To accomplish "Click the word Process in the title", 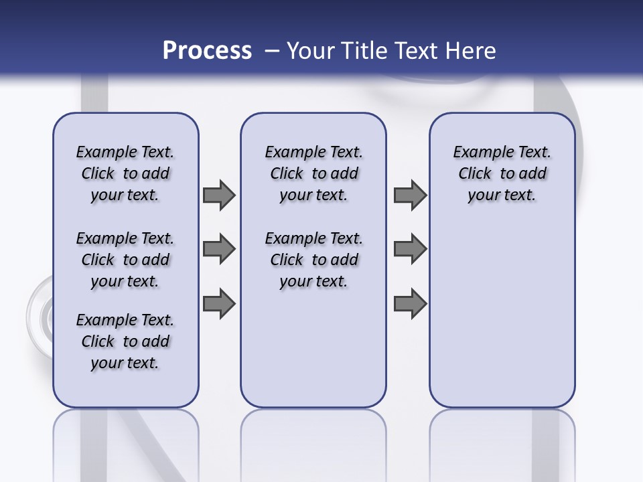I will coord(207,51).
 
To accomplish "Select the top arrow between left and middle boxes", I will coord(218,195).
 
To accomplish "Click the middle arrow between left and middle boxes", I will coord(218,249).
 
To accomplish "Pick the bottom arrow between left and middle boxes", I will coord(218,303).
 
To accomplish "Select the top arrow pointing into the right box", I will coord(410,195).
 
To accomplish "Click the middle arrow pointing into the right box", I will coord(410,249).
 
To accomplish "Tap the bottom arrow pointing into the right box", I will coord(410,303).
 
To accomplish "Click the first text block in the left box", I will coord(125,173).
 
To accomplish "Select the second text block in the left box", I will coord(125,260).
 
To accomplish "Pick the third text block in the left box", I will coord(125,341).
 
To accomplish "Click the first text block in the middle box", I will coord(313,173).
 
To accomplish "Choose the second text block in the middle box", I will coord(313,260).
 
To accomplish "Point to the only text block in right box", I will coord(502,173).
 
